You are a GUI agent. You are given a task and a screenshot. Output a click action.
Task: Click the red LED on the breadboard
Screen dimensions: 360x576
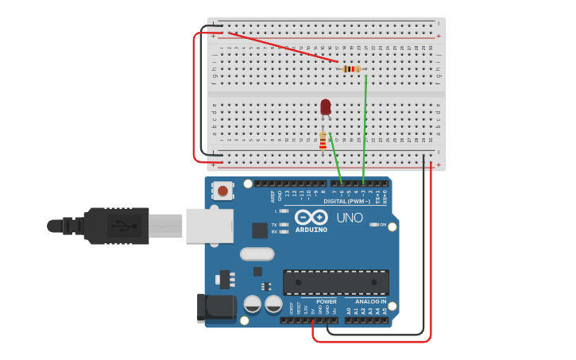pos(326,106)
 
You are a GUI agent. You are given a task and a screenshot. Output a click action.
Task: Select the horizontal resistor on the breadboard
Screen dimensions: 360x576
pos(351,69)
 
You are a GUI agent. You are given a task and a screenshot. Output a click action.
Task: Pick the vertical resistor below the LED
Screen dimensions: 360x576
pos(323,141)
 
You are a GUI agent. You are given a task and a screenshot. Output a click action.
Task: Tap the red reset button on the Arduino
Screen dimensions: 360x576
pos(223,191)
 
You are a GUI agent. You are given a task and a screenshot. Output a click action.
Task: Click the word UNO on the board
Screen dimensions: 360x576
pos(350,218)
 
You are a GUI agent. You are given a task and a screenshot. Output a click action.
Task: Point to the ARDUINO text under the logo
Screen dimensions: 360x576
pos(311,230)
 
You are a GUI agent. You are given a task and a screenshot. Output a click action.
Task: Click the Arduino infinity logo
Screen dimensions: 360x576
pos(311,217)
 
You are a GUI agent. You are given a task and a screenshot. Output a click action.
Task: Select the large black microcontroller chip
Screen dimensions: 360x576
pos(336,282)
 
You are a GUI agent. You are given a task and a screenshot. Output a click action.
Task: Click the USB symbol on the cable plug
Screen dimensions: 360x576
pos(118,225)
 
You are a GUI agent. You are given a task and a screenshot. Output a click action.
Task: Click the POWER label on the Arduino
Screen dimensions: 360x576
pos(327,301)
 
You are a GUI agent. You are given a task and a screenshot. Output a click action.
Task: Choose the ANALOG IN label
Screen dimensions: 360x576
pos(371,301)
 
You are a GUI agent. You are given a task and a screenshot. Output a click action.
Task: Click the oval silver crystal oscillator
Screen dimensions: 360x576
pos(257,254)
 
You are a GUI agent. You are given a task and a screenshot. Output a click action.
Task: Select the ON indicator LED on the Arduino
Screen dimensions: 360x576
pos(373,225)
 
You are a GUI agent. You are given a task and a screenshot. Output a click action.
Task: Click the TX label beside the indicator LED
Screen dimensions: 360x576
pos(274,225)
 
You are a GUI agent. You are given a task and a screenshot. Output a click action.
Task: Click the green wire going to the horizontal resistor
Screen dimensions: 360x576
pos(365,127)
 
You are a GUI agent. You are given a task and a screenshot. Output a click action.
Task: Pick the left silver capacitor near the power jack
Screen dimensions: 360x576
pos(253,304)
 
